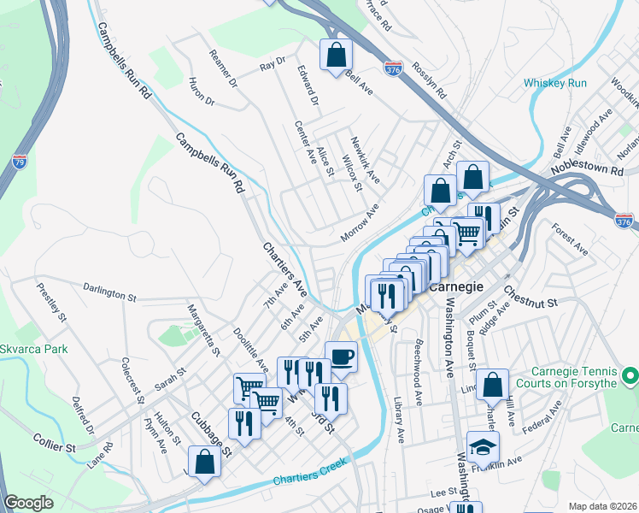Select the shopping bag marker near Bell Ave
click(337, 56)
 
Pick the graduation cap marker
click(484, 447)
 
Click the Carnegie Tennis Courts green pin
click(630, 375)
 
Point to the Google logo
click(29, 503)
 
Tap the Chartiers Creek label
click(307, 479)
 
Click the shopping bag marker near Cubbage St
click(205, 462)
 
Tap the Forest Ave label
click(570, 240)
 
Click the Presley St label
click(52, 302)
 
